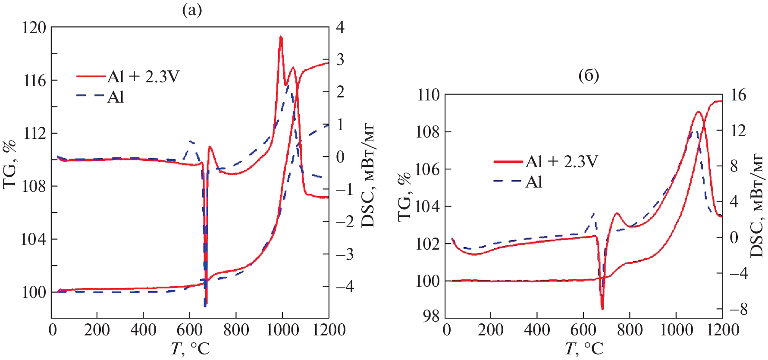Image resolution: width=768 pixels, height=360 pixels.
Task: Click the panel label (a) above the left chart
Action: (x=192, y=10)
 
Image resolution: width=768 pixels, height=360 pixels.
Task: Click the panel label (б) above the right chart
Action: (x=588, y=75)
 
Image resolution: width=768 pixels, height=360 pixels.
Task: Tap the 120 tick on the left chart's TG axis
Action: (x=34, y=28)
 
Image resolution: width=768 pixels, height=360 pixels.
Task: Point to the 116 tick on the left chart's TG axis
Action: (x=34, y=81)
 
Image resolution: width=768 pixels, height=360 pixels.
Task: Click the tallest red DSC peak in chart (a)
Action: (x=281, y=37)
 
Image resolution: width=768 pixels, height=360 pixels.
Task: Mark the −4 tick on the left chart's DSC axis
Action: (x=344, y=286)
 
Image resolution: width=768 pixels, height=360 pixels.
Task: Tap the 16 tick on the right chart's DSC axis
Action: (x=738, y=95)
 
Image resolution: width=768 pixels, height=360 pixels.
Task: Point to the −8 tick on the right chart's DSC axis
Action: (x=738, y=309)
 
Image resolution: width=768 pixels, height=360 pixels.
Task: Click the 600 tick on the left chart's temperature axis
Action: (x=189, y=330)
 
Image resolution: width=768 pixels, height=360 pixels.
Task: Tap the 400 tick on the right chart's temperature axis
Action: (x=537, y=330)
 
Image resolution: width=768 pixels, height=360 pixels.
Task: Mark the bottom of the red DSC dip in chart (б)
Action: (x=602, y=308)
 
